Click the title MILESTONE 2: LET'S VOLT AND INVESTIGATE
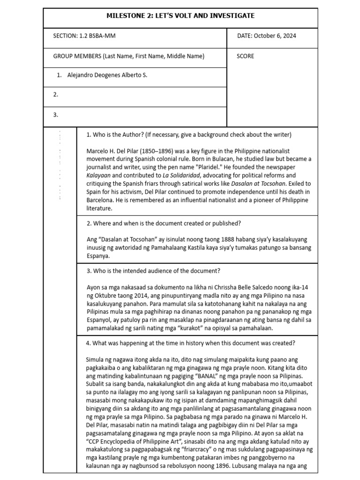(x=180, y=16)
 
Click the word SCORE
(x=246, y=56)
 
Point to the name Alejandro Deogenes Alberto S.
(x=107, y=75)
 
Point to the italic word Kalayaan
(x=100, y=175)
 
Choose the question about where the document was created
(x=164, y=223)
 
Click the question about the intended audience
(x=153, y=271)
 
